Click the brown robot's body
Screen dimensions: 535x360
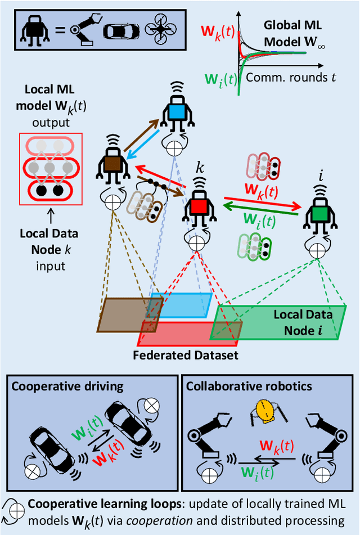coord(113,166)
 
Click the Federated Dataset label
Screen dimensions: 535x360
coord(186,355)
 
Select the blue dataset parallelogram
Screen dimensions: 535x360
coord(183,304)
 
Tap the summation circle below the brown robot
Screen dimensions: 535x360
coord(114,201)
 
